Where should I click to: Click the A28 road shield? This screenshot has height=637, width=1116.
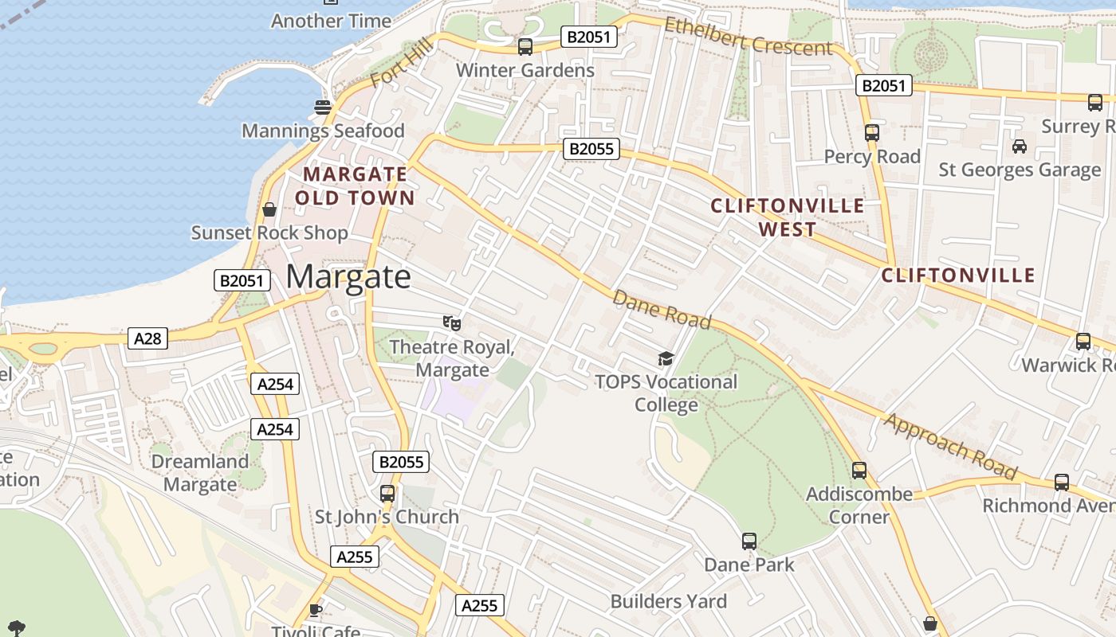coord(147,338)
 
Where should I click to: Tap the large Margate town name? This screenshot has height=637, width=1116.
coord(348,276)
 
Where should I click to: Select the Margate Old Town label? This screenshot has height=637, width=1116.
coord(356,186)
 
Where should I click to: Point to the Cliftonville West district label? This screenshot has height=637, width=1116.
coord(788,217)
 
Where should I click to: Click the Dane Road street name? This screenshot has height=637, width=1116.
coord(661,309)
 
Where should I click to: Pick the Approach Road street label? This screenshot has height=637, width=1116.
coord(950,447)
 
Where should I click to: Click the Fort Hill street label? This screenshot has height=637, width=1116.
coord(401,64)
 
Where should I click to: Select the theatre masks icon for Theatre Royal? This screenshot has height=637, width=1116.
coord(452,322)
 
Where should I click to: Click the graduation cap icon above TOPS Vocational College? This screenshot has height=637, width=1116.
coord(666,358)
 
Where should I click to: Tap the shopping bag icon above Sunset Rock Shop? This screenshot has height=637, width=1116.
coord(269,209)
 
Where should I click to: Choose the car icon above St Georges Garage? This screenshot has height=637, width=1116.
coord(1019,146)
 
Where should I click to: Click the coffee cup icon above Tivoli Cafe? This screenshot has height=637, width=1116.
coord(316,610)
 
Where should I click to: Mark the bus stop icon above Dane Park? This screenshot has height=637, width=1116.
coord(749,541)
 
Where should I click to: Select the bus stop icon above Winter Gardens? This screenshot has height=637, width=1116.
coord(525,47)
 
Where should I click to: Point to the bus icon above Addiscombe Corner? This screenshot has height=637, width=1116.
coord(859,471)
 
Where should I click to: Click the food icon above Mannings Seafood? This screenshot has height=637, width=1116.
coord(323,107)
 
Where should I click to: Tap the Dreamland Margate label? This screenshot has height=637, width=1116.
coord(199,473)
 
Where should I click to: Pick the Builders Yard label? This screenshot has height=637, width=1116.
coord(669,601)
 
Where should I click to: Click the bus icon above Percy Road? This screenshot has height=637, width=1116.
coord(871,133)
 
